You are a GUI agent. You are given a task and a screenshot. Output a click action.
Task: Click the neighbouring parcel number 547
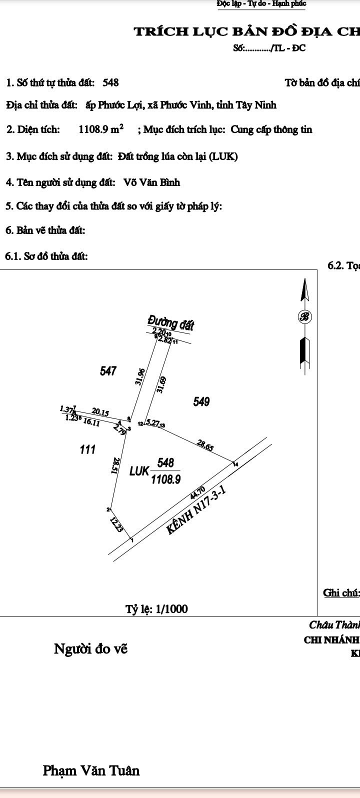pyautogui.click(x=108, y=371)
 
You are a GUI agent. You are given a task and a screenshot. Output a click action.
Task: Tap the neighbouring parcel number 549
pyautogui.click(x=201, y=401)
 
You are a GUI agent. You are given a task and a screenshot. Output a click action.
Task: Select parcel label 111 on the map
pyautogui.click(x=87, y=449)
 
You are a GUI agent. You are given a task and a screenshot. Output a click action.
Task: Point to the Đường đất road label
pyautogui.click(x=171, y=323)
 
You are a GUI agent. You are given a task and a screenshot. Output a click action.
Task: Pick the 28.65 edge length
pyautogui.click(x=205, y=445)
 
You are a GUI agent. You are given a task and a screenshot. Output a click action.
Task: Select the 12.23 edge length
pyautogui.click(x=116, y=524)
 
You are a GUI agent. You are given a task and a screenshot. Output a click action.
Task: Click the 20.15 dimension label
pyautogui.click(x=100, y=412)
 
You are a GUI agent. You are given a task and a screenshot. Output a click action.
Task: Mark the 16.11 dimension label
pyautogui.click(x=91, y=422)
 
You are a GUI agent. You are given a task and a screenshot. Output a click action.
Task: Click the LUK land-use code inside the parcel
pyautogui.click(x=139, y=471)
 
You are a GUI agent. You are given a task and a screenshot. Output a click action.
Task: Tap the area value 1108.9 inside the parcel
pyautogui.click(x=165, y=479)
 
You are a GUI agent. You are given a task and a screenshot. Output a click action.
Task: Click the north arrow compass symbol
pyautogui.click(x=304, y=316)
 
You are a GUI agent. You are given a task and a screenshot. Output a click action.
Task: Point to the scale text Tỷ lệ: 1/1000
pyautogui.click(x=156, y=609)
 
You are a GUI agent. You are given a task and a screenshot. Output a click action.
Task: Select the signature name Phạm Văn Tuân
pyautogui.click(x=91, y=770)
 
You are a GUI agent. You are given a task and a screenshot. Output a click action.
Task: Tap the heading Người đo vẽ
pyautogui.click(x=90, y=649)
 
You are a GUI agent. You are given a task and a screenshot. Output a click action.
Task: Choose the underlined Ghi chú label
pyautogui.click(x=341, y=593)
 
